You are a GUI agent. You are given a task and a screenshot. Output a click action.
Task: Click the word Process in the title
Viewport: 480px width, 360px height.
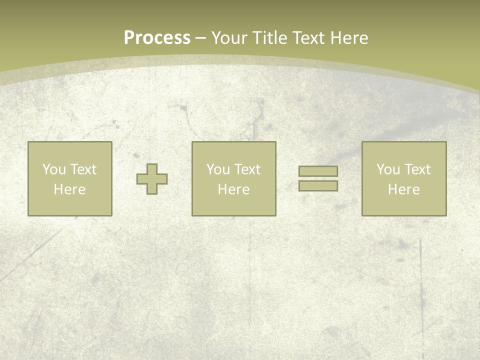click(x=157, y=38)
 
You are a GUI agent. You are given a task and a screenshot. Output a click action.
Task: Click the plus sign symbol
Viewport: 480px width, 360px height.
click(x=152, y=179)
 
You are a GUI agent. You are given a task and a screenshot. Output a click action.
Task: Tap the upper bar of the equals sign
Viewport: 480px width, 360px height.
click(x=318, y=171)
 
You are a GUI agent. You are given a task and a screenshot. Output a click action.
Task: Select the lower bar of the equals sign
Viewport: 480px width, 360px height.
click(x=318, y=186)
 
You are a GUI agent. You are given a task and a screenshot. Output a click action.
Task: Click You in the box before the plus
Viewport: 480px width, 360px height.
click(x=54, y=169)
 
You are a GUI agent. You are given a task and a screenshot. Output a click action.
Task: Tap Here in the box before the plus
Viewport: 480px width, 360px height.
click(x=69, y=189)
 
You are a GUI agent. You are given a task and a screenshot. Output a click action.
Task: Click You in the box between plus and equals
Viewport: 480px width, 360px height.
click(x=218, y=169)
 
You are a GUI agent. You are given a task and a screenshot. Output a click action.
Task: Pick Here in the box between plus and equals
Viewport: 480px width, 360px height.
click(x=233, y=189)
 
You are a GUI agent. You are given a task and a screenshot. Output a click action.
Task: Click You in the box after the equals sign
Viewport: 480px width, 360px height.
click(x=388, y=169)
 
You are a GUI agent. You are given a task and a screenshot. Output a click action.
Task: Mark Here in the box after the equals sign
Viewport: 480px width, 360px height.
click(x=403, y=189)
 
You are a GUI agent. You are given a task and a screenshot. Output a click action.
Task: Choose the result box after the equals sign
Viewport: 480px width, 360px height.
click(x=404, y=205)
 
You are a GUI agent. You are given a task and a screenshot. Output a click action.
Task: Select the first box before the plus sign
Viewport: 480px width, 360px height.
click(x=69, y=205)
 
